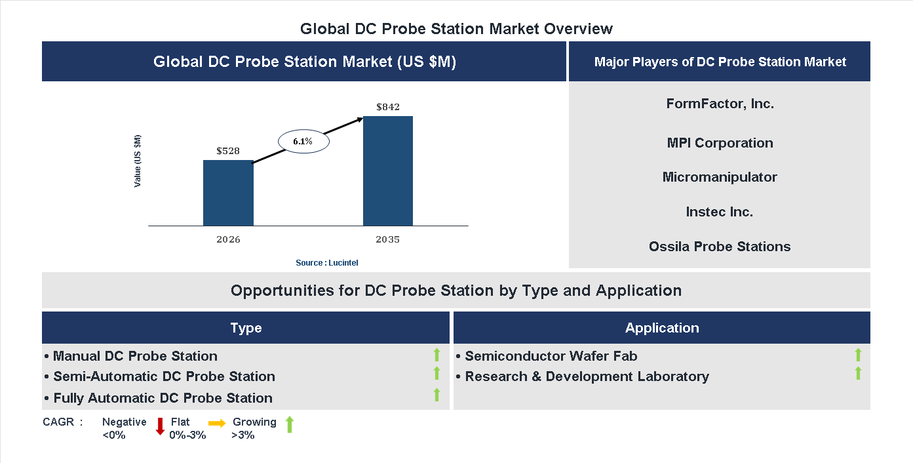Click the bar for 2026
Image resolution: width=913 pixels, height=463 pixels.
[228, 193]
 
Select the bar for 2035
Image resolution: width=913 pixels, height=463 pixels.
[388, 171]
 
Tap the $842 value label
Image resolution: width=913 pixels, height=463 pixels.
[388, 106]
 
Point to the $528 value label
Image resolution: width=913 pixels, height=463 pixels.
[228, 151]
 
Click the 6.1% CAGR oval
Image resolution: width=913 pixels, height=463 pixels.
[303, 141]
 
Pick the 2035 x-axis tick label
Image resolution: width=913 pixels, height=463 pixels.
[387, 239]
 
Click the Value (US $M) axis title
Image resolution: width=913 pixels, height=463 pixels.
[138, 161]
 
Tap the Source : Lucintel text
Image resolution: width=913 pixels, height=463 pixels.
[327, 262]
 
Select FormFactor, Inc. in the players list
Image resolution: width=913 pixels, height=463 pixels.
[720, 104]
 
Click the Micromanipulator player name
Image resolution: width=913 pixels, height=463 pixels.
[720, 177]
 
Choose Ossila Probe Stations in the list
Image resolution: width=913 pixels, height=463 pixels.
[720, 247]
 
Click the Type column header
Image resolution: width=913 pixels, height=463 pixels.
[246, 328]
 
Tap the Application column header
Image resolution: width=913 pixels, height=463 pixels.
[662, 328]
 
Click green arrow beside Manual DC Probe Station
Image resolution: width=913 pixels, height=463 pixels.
[437, 355]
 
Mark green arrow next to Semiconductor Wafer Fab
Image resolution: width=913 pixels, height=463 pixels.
[858, 355]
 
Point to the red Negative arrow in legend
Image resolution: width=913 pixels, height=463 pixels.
[160, 426]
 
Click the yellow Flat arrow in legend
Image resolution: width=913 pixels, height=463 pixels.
[217, 424]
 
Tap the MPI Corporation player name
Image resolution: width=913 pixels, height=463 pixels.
[720, 143]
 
